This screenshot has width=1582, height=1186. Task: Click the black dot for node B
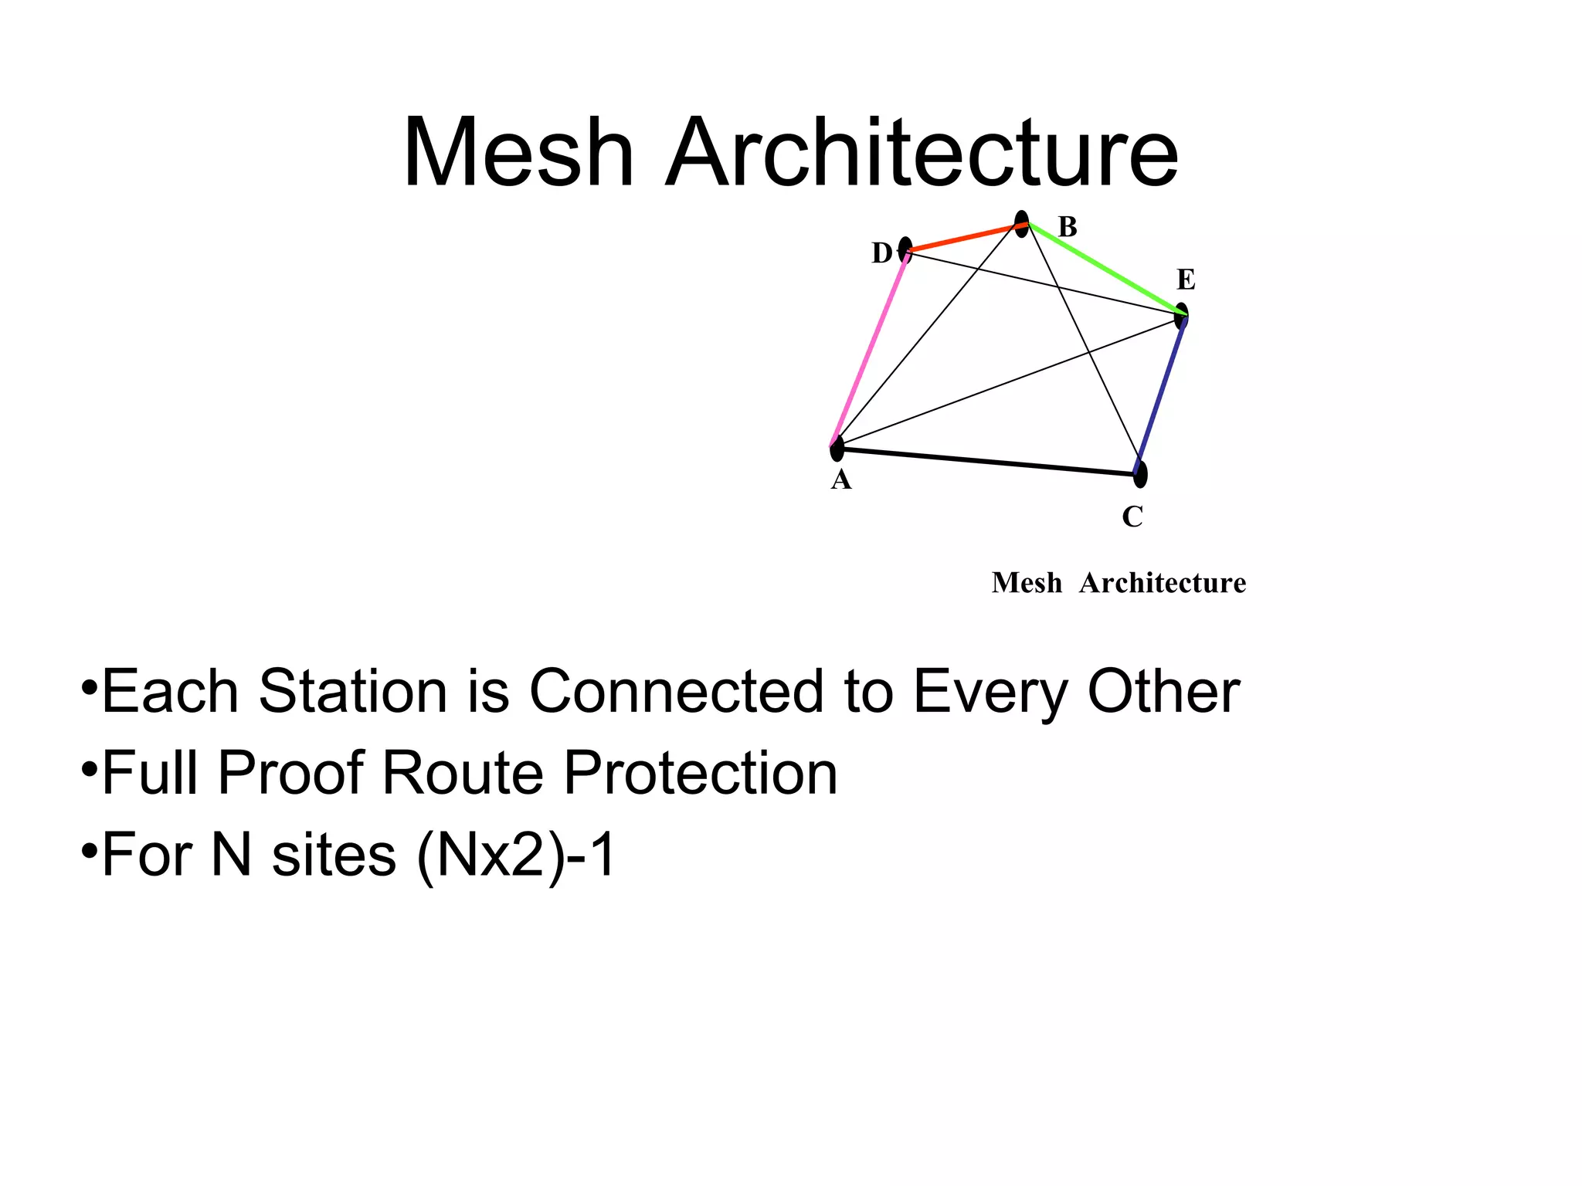1021,223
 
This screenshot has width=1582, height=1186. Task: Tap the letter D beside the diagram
881,253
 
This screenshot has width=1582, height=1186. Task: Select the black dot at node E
1181,315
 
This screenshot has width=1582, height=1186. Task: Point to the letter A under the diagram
841,480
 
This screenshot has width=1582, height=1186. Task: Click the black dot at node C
1140,474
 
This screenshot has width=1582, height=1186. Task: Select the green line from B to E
1105,269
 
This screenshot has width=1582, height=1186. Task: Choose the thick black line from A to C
989,461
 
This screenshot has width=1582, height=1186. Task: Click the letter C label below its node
1132,517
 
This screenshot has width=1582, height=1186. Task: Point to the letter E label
1186,280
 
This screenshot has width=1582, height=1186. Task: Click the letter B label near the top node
1068,227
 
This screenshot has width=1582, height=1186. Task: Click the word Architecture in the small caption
1163,583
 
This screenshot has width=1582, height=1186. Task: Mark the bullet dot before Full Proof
89,769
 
